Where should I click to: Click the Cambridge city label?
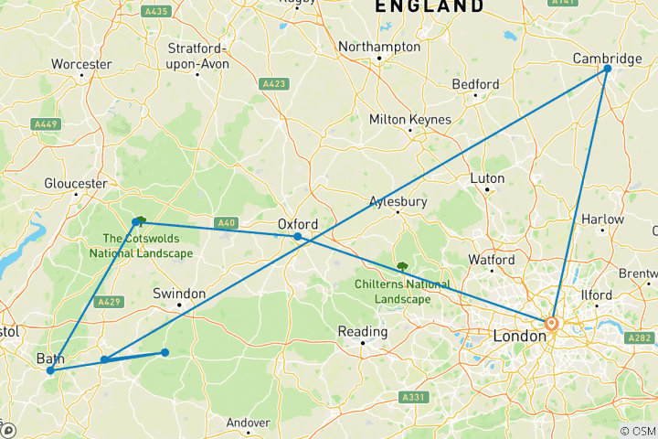click(607, 59)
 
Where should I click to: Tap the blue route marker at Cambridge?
click(607, 69)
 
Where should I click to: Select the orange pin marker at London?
click(551, 324)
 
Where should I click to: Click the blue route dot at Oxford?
click(298, 237)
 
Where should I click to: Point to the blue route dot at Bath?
click(49, 370)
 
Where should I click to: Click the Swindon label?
click(179, 294)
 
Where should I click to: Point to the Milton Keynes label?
click(410, 120)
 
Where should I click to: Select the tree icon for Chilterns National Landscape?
click(401, 267)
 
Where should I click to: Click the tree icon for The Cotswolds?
click(139, 220)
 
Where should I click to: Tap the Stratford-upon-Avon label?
click(197, 54)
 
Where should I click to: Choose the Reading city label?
click(362, 331)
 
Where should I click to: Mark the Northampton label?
click(379, 47)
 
